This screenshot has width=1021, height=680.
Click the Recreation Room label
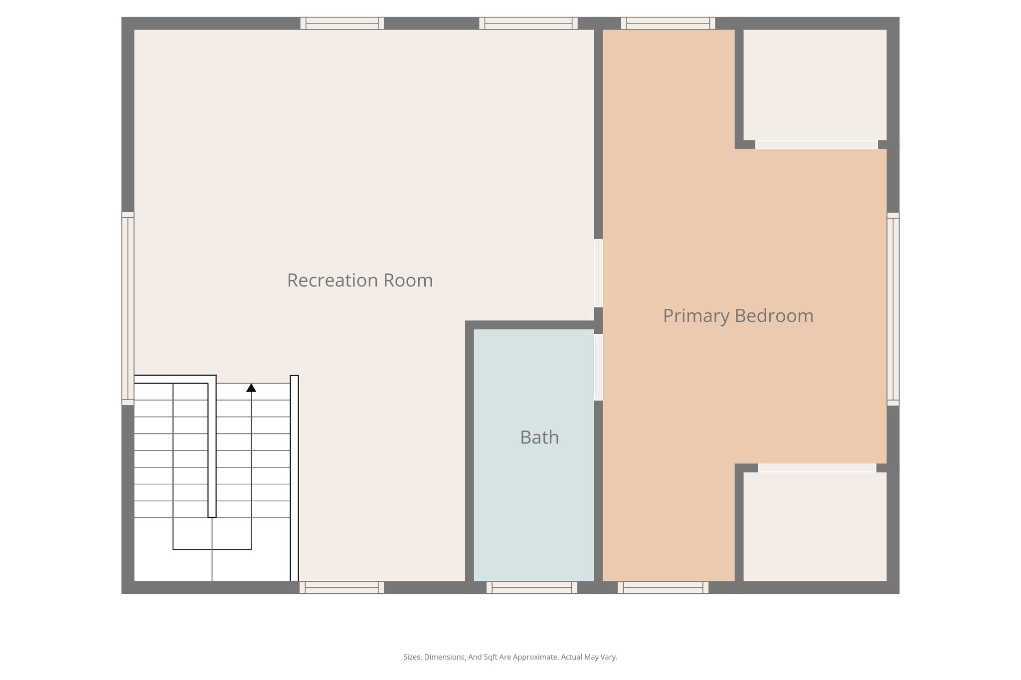click(359, 280)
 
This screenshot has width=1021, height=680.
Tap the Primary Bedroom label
click(738, 316)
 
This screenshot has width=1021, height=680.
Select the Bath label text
click(539, 437)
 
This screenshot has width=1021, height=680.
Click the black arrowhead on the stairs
click(251, 388)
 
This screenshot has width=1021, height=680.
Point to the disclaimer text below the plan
click(510, 657)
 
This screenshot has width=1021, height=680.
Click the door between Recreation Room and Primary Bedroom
click(598, 273)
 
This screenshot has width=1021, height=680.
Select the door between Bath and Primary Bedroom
click(598, 367)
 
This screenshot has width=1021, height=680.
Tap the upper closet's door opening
click(816, 144)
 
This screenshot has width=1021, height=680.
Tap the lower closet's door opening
click(817, 468)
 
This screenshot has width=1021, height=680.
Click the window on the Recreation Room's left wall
click(128, 308)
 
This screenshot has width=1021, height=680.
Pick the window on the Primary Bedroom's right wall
click(893, 309)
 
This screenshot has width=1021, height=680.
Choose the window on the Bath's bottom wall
click(531, 587)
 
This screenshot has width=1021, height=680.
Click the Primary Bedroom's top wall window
click(668, 23)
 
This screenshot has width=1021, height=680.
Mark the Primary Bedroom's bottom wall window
click(663, 587)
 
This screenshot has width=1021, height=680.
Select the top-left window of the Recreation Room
click(342, 23)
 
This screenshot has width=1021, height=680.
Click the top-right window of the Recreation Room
click(528, 23)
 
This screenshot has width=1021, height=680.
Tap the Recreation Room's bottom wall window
click(341, 587)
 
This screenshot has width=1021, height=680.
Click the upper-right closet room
click(815, 85)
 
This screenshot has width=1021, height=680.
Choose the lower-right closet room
click(815, 526)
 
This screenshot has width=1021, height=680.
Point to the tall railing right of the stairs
click(294, 478)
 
